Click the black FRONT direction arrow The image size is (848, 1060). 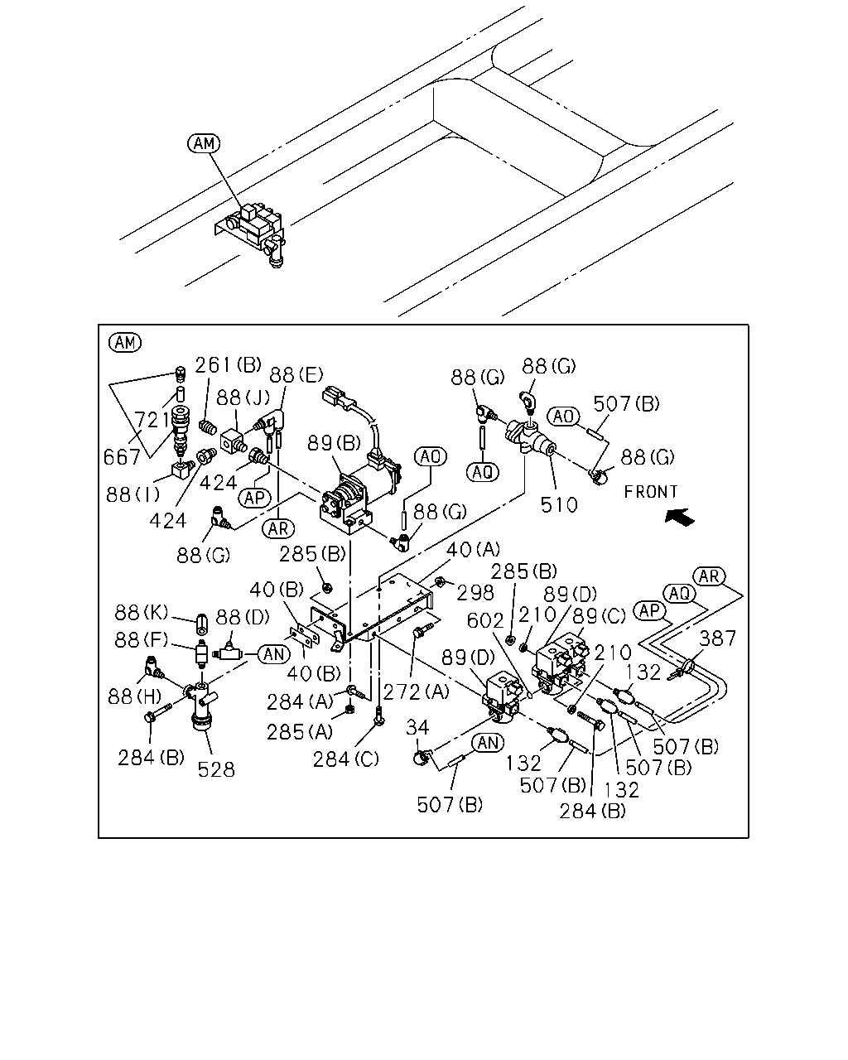[x=680, y=518]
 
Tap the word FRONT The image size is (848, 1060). [x=651, y=492]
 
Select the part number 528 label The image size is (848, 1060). [x=216, y=769]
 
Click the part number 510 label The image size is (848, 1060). [x=559, y=505]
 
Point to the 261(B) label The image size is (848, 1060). [x=228, y=365]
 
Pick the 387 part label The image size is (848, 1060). [x=717, y=638]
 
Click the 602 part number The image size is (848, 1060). [x=485, y=620]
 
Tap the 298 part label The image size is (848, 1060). [x=475, y=593]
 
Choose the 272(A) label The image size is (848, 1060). [x=417, y=692]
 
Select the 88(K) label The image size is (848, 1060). [x=142, y=613]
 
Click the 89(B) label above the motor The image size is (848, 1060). [x=334, y=443]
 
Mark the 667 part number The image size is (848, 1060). [x=123, y=457]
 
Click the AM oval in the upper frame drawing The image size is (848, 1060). [x=204, y=143]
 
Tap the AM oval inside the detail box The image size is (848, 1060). [x=125, y=342]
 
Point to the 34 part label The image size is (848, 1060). [x=417, y=727]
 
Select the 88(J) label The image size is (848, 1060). [x=243, y=397]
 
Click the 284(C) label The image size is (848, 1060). [x=346, y=759]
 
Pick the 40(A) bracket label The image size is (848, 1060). [x=473, y=549]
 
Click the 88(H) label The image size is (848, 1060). [x=134, y=696]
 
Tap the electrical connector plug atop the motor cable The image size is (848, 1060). [x=338, y=397]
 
